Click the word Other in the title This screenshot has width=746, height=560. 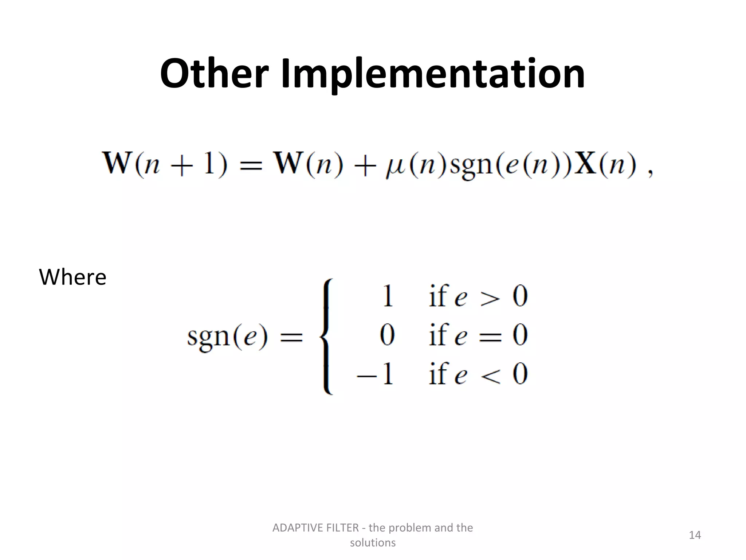point(214,74)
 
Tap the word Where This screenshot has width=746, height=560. point(72,277)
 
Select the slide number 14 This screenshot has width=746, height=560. point(695,535)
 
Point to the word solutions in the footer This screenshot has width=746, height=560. point(373,542)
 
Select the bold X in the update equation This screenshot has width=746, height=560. point(585,164)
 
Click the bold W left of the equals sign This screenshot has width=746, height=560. point(117,164)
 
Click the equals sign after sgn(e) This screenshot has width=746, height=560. point(291,336)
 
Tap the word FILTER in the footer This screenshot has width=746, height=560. point(341,528)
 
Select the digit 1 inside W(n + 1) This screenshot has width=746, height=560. point(209,164)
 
